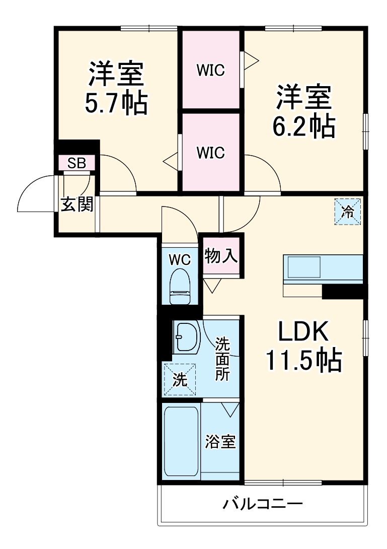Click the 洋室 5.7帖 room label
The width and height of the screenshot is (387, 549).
pyautogui.click(x=117, y=88)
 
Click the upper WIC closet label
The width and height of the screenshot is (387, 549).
pyautogui.click(x=210, y=71)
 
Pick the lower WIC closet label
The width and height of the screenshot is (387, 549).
pyautogui.click(x=210, y=152)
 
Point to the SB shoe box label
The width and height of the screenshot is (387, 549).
pyautogui.click(x=77, y=163)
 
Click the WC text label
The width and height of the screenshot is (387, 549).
pyautogui.click(x=180, y=260)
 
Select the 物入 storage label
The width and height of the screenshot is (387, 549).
pyautogui.click(x=221, y=255)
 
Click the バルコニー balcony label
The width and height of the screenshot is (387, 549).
pyautogui.click(x=263, y=503)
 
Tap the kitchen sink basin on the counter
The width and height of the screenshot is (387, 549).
pyautogui.click(x=303, y=267)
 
